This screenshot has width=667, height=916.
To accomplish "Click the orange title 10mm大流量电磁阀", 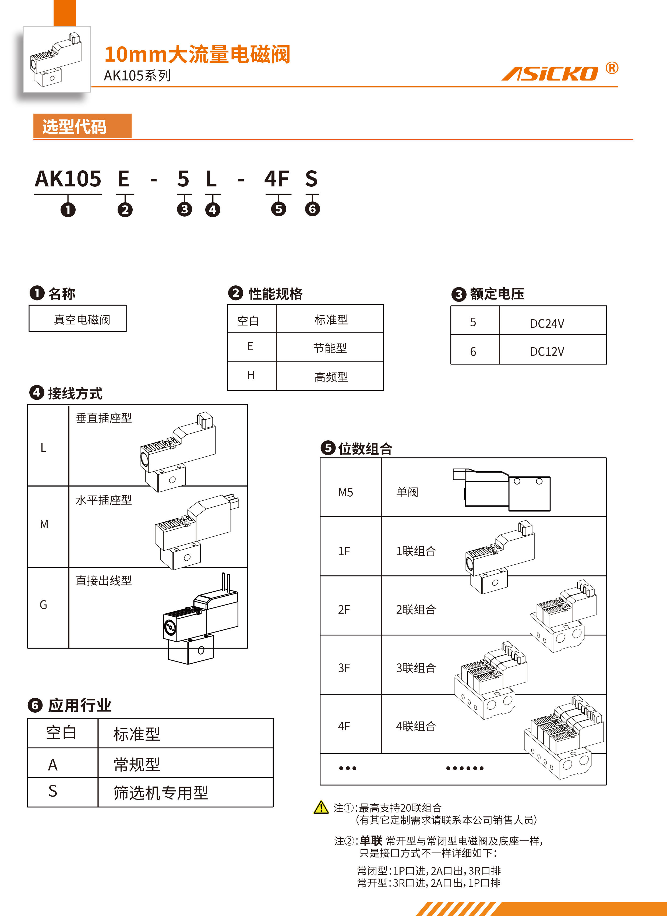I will [x=197, y=55].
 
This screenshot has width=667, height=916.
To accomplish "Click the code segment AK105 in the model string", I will [x=68, y=179].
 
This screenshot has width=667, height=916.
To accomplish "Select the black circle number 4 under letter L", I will [x=213, y=209].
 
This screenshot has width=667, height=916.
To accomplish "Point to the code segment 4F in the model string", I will [x=277, y=179].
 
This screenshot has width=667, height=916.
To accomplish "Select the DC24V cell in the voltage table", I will [x=547, y=323].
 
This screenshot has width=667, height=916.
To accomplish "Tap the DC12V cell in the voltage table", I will [x=547, y=351].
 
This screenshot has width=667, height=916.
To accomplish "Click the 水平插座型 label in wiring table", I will [x=104, y=500].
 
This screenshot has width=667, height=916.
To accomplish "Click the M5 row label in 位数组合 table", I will [x=346, y=492].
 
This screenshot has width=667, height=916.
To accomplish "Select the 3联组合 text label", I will [x=416, y=668].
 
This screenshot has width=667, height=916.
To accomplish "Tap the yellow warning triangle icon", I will [x=321, y=807].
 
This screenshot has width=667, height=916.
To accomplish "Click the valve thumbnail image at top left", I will [x=57, y=60].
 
